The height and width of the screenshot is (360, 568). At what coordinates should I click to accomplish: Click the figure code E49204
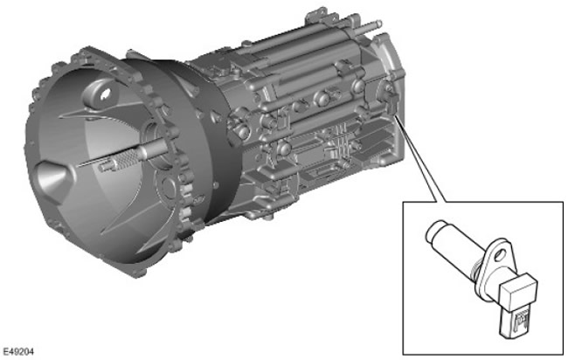(18, 351)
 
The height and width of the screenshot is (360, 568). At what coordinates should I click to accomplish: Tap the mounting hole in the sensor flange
(500, 255)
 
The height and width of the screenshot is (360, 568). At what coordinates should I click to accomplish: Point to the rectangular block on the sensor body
(517, 290)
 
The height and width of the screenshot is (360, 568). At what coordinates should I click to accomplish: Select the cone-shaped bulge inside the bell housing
(52, 177)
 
